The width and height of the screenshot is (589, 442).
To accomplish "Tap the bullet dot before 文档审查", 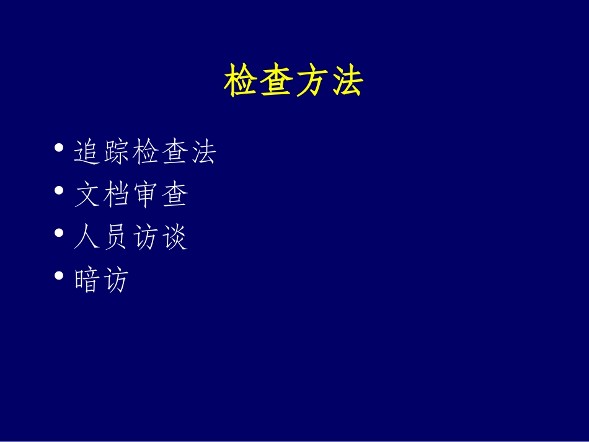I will (59, 191).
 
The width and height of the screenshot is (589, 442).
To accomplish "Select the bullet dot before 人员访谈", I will (59, 233).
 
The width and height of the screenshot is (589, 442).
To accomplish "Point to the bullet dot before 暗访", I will (59, 275).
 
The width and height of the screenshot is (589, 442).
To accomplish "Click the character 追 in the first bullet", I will (87, 152).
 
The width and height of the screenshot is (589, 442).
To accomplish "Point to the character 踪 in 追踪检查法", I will (116, 152).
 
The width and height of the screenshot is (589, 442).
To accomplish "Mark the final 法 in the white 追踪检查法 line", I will (203, 152).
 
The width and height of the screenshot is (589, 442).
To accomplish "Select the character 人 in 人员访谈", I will (87, 237).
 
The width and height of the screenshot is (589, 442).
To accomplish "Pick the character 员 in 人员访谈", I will (116, 237).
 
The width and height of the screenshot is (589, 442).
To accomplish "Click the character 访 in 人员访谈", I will (145, 237).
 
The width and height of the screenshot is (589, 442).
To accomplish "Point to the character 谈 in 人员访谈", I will (174, 237).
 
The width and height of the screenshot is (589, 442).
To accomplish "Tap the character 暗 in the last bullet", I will (87, 280).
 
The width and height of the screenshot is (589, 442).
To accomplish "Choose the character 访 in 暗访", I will (116, 280).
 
